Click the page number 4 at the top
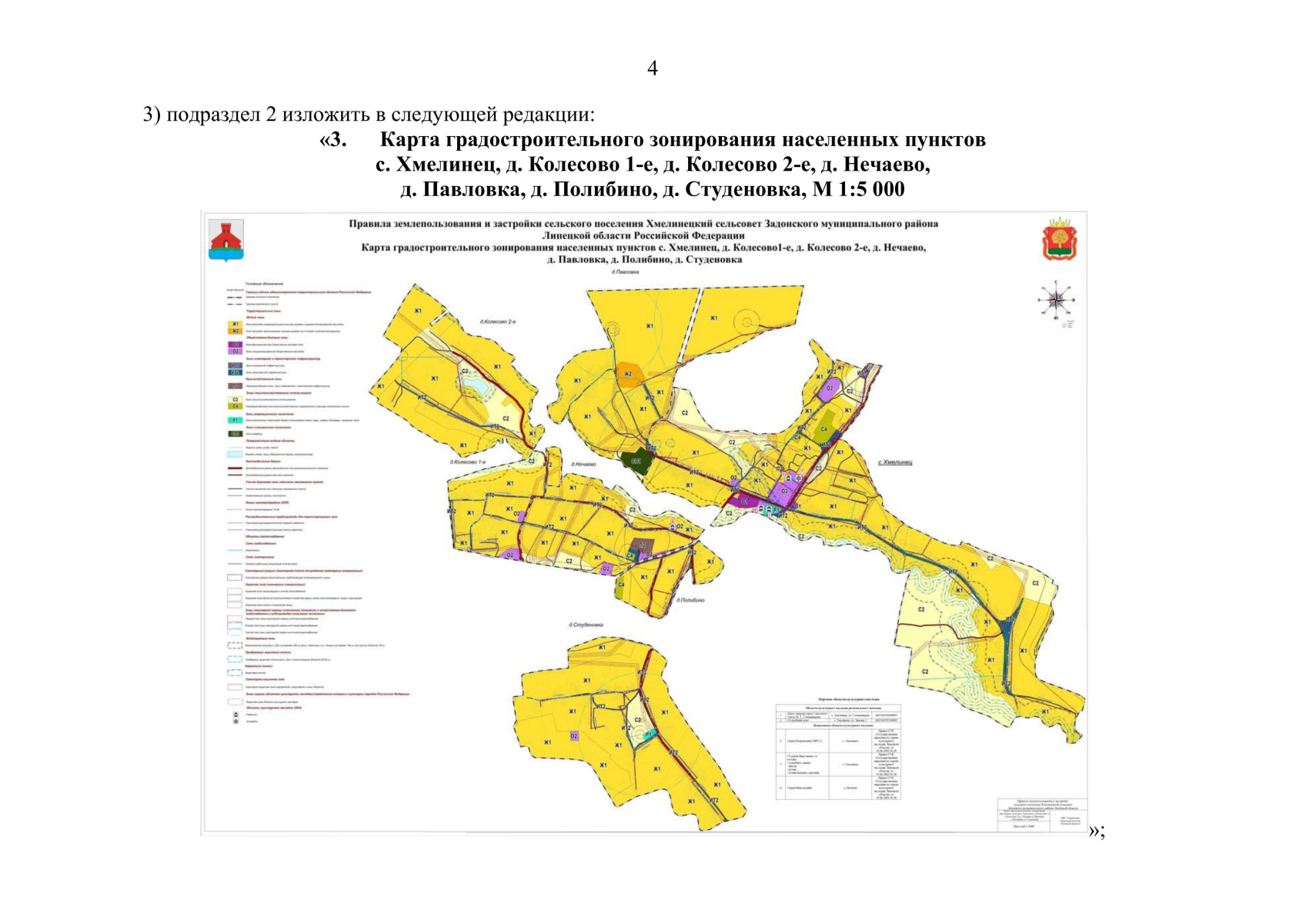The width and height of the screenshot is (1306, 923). click(652, 69)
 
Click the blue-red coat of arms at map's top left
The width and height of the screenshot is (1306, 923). click(226, 240)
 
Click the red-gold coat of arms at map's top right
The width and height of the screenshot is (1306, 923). click(1060, 239)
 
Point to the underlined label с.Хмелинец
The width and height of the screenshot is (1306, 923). click(894, 462)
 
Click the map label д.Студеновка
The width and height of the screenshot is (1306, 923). click(586, 625)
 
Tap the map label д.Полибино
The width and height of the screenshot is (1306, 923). click(690, 600)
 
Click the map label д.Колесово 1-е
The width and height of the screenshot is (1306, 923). click(469, 462)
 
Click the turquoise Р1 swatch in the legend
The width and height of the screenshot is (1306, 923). click(235, 420)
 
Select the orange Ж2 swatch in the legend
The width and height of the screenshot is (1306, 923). click(235, 331)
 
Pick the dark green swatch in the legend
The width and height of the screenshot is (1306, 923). click(235, 434)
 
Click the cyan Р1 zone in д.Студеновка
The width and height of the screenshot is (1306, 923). click(650, 735)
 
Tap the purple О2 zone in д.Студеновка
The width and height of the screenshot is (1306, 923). click(574, 736)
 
